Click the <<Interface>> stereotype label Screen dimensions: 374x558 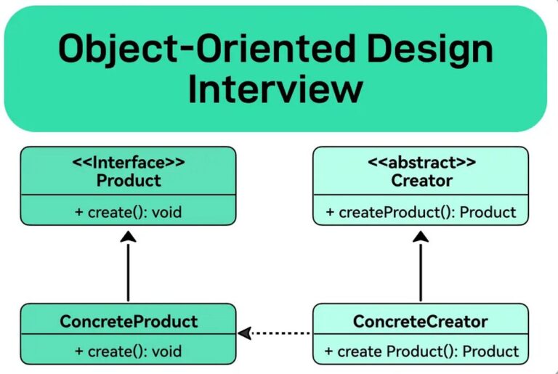pyautogui.click(x=128, y=163)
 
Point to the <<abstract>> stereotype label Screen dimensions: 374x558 pyautogui.click(x=421, y=163)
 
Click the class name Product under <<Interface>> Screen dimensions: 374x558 pyautogui.click(x=128, y=181)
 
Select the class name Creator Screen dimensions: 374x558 pyautogui.click(x=421, y=181)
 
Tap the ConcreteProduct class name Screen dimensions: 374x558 pyautogui.click(x=128, y=320)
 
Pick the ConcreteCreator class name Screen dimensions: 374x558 pyautogui.click(x=421, y=320)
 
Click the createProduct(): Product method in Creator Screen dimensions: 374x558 pyautogui.click(x=421, y=213)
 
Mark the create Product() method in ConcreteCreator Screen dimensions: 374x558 pyautogui.click(x=421, y=351)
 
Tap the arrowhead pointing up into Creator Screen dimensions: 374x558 pyautogui.click(x=421, y=235)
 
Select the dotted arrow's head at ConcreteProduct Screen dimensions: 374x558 pyautogui.click(x=245, y=333)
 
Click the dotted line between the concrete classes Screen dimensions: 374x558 pyautogui.click(x=283, y=333)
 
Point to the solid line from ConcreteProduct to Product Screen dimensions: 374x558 pyautogui.click(x=128, y=272)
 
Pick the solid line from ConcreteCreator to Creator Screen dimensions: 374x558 pyautogui.click(x=421, y=272)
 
